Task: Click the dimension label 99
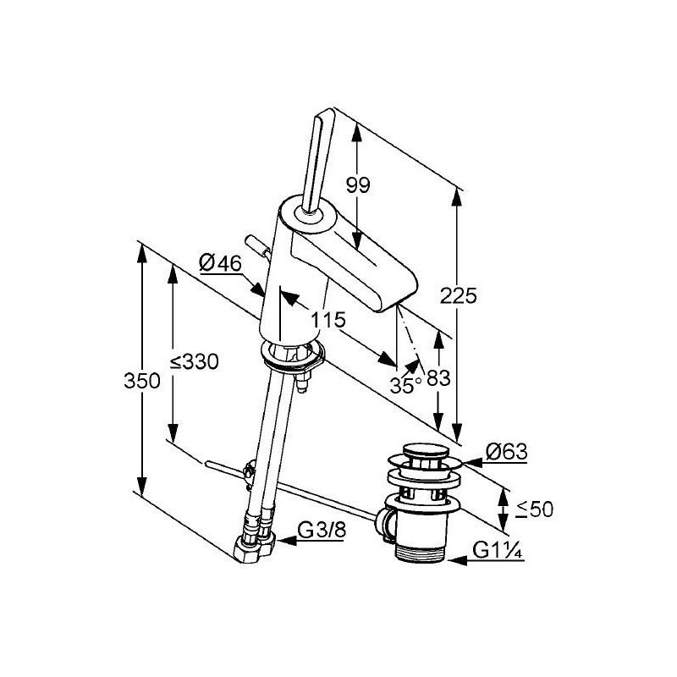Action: click(358, 185)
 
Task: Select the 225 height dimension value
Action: click(459, 295)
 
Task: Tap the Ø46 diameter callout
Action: click(220, 263)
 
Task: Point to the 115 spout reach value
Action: click(328, 320)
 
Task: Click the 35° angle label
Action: click(406, 385)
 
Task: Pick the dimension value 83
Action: click(438, 378)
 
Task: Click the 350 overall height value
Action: click(142, 381)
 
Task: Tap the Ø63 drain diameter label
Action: click(507, 452)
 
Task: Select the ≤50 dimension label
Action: click(535, 509)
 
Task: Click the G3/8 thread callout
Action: click(322, 530)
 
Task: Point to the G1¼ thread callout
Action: click(498, 551)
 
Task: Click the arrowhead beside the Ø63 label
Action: click(472, 462)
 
